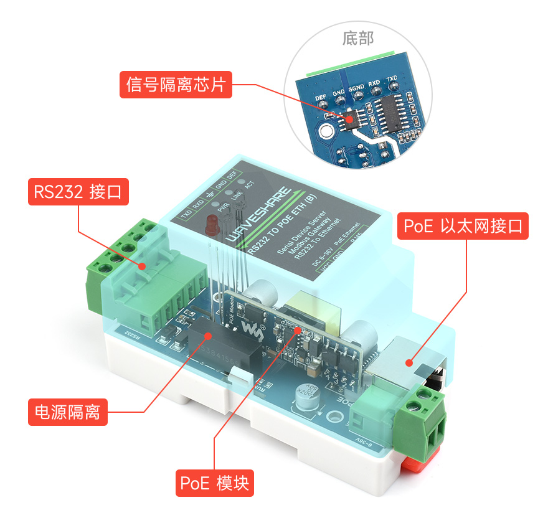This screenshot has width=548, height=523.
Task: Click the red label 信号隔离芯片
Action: click(176, 85)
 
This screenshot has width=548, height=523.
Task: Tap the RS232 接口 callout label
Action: click(79, 192)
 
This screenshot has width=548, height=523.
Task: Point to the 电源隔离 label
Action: click(68, 412)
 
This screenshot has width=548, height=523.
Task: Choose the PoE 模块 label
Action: click(215, 483)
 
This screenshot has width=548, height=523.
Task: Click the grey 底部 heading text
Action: click(358, 39)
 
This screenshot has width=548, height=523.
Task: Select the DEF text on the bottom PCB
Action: click(321, 98)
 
